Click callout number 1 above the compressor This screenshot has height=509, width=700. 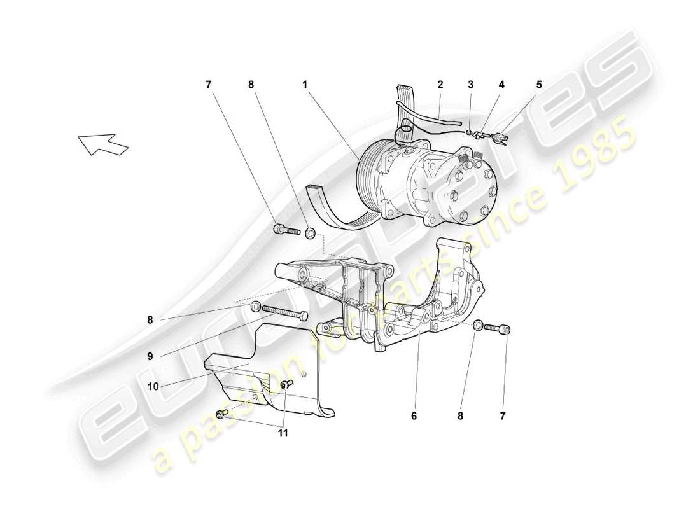(305, 83)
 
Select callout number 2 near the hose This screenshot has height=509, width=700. (440, 83)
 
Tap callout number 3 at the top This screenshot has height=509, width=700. (471, 83)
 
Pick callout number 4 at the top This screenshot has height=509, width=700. (501, 83)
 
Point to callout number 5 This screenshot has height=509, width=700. (539, 83)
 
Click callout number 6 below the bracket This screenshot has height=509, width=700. (414, 417)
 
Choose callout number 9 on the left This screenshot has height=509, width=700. (150, 358)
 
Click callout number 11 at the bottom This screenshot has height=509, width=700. (283, 433)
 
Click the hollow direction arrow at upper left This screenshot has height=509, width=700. (103, 144)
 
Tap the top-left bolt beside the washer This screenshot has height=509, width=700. (287, 230)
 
